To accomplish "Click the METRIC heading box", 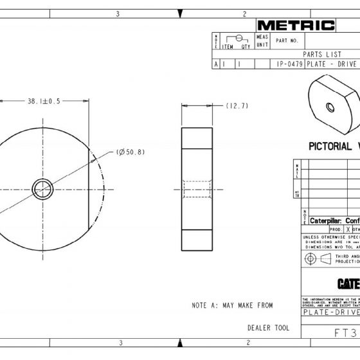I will tap(296, 26).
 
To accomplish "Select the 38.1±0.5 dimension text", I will tap(43, 101).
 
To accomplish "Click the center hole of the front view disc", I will tap(43, 189).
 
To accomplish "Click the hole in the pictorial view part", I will tap(329, 107).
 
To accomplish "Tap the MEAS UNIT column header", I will tap(262, 41).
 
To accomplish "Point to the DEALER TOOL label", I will tap(268, 328).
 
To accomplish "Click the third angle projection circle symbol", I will tap(310, 258).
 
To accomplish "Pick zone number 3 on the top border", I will tap(118, 13).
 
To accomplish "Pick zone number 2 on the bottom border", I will tap(245, 343).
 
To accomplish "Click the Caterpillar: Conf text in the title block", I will tap(334, 220).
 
